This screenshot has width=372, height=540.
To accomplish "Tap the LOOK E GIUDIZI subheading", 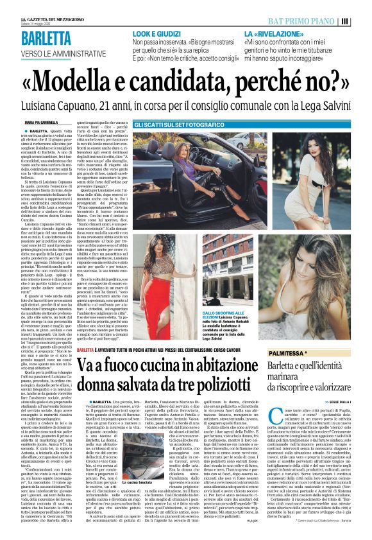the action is click(x=155, y=33).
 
